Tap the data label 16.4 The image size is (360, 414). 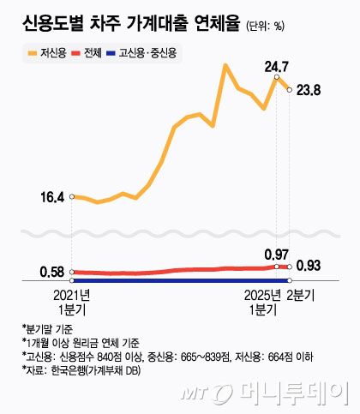click(52, 197)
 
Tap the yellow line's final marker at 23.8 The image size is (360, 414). click(290, 89)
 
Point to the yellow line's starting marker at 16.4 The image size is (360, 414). click(73, 197)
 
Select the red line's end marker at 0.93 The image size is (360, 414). click(290, 267)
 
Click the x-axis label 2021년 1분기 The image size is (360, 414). click(72, 302)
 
